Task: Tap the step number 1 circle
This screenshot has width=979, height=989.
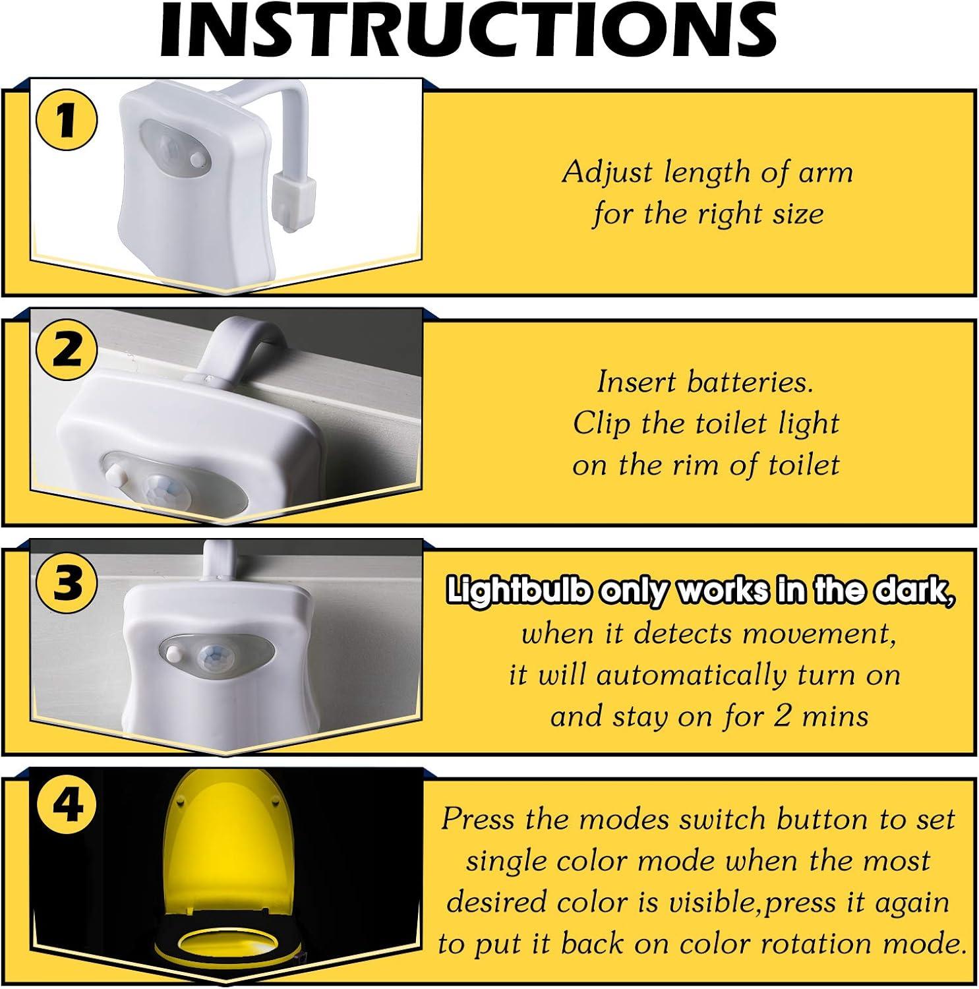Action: coord(67,121)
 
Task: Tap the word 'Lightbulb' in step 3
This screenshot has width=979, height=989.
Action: coord(517,591)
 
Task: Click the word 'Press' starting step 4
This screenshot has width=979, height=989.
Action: coord(477,819)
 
